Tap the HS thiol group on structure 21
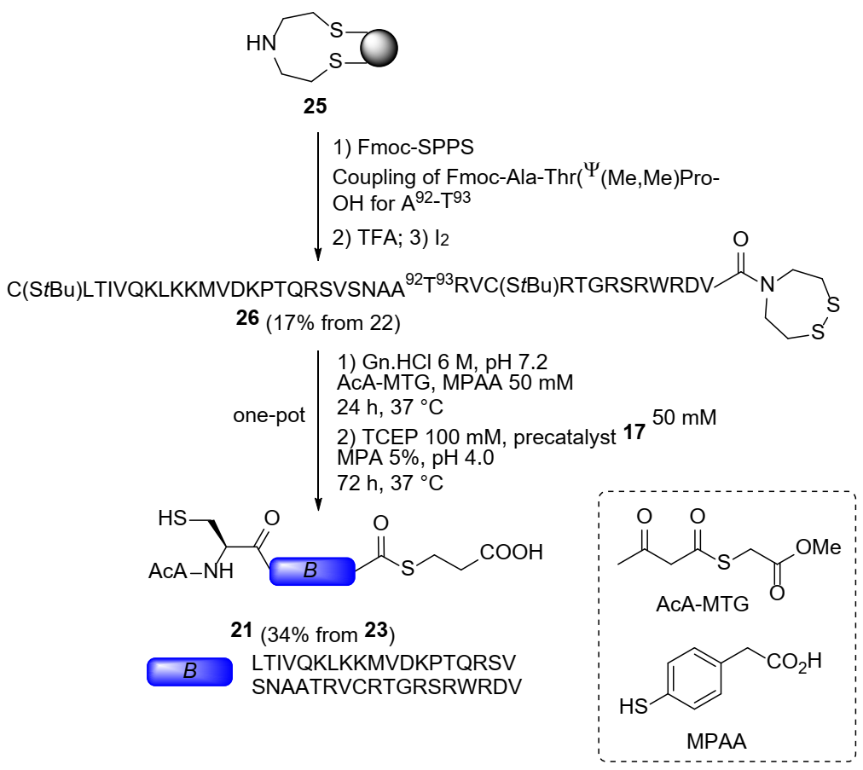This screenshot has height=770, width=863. (173, 518)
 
